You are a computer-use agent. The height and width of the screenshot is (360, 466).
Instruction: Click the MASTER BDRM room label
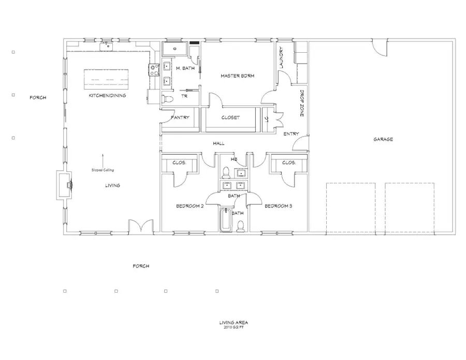(237, 76)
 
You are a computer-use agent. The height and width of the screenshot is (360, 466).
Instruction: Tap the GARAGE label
(383, 139)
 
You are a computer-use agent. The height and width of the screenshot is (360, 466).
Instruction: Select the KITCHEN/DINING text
(107, 96)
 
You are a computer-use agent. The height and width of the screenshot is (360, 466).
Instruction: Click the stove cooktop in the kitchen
(154, 69)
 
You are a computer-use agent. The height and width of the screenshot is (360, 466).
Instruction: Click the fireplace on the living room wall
(66, 184)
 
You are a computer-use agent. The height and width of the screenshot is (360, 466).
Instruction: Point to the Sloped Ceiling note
(103, 170)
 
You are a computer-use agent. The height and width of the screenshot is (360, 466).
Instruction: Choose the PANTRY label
(180, 117)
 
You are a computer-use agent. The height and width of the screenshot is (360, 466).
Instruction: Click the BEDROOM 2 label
(190, 206)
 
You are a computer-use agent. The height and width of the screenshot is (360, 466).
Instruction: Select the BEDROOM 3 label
(279, 206)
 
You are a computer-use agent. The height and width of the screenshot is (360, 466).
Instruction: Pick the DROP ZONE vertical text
(302, 103)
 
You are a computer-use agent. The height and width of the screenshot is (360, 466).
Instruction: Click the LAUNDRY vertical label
(281, 58)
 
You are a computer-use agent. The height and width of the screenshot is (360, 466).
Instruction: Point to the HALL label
(218, 143)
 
